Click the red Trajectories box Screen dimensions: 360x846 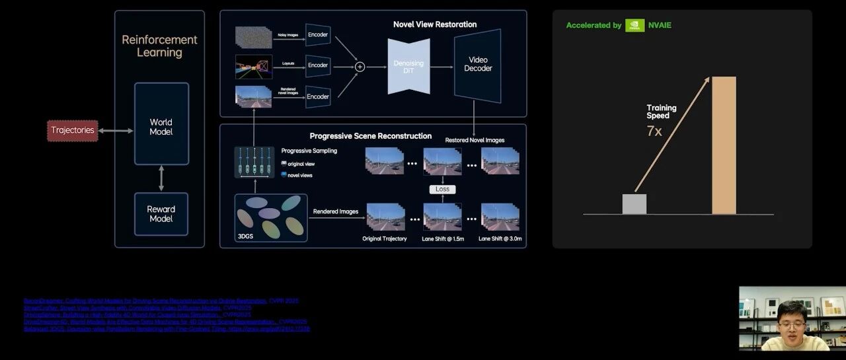point(73,130)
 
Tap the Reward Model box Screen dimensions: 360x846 point(161,214)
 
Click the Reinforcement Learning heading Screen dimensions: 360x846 point(159,46)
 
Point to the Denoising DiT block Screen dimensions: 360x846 point(408,65)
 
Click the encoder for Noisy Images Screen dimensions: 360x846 point(318,34)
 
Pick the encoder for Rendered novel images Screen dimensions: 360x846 point(318,96)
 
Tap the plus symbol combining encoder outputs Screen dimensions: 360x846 point(360,66)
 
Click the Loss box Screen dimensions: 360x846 point(442,189)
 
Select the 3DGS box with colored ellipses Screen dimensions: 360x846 point(272,217)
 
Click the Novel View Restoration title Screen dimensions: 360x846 point(435,24)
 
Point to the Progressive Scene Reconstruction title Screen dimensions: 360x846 point(371,136)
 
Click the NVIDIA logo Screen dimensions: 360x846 point(634,25)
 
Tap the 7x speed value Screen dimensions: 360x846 point(654,131)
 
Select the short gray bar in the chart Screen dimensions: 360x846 point(634,204)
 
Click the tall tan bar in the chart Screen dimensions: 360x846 point(724,145)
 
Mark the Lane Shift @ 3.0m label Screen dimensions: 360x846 point(505,238)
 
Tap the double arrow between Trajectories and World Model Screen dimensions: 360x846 point(116,131)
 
